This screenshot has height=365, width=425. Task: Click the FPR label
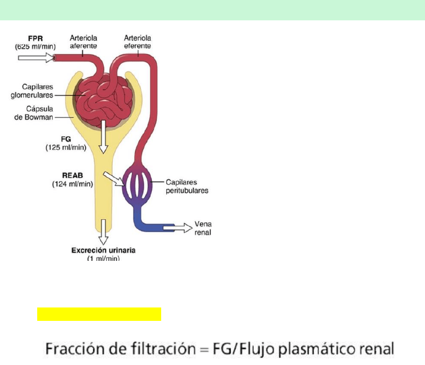(36, 38)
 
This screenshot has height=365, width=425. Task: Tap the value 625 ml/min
(35, 47)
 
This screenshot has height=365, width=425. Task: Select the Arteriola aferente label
(83, 42)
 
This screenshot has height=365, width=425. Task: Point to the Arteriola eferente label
(137, 42)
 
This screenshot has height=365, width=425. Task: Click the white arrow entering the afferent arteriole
(36, 58)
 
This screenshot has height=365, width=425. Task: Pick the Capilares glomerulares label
(32, 91)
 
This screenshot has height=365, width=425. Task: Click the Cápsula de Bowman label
(34, 113)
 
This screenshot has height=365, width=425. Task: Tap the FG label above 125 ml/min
(66, 139)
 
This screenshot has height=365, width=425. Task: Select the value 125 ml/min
(66, 147)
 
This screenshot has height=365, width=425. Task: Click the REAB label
(72, 176)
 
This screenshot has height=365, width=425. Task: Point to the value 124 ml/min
(72, 184)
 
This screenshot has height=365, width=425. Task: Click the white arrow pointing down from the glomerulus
(103, 137)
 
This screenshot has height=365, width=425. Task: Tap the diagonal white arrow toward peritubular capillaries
(114, 179)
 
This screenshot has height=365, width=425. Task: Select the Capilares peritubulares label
(187, 186)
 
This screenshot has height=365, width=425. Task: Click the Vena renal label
(203, 228)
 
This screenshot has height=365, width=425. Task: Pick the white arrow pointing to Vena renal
(178, 228)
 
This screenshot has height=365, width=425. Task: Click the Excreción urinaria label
(103, 250)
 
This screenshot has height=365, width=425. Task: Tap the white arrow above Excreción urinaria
(103, 232)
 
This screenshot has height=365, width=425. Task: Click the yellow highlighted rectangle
(99, 314)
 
